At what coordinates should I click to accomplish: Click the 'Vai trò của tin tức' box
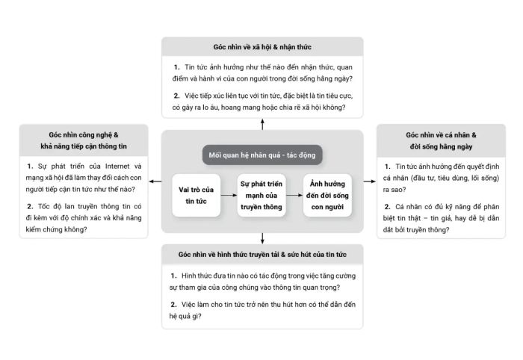[x=196, y=196]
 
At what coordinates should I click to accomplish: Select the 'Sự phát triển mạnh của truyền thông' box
[x=261, y=196]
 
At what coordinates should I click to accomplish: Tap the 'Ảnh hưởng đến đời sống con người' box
[x=327, y=196]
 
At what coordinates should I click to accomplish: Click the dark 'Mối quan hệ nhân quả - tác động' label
[x=262, y=155]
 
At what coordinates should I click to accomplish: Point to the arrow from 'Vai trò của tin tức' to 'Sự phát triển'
[x=229, y=196]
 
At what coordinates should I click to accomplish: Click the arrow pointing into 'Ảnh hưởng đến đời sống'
[x=294, y=196]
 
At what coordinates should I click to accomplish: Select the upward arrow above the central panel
[x=262, y=124]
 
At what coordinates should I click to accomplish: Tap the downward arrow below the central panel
[x=262, y=238]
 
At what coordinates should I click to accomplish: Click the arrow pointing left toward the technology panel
[x=155, y=181]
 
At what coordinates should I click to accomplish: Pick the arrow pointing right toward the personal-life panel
[x=370, y=181]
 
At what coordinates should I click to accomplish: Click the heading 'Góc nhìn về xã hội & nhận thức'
[x=262, y=47]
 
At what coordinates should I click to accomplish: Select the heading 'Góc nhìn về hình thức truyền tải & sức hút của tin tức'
[x=262, y=255]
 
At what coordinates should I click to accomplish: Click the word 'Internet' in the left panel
[x=117, y=167]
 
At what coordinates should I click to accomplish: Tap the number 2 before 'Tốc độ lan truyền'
[x=30, y=207]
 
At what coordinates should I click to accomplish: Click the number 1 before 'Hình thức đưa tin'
[x=173, y=276]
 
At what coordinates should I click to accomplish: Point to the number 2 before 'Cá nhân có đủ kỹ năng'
[x=387, y=207]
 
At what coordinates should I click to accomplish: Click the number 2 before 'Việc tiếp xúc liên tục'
[x=176, y=96]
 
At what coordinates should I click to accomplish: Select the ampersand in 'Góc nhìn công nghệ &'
[x=116, y=135]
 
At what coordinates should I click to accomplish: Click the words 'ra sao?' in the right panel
[x=394, y=190]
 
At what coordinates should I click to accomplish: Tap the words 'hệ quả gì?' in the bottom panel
[x=185, y=317]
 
